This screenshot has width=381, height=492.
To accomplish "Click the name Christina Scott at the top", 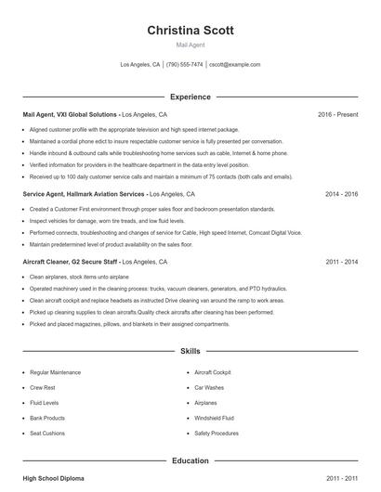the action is tap(190, 31).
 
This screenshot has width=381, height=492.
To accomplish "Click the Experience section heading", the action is tap(190, 97).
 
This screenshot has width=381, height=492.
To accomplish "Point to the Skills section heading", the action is tap(190, 353).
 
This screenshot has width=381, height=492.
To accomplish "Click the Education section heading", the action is tap(190, 460).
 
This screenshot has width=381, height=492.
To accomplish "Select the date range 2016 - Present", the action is tap(337, 115).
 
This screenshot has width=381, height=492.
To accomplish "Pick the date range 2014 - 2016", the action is tap(342, 195).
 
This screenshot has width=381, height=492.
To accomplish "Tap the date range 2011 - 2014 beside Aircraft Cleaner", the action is tap(342, 263).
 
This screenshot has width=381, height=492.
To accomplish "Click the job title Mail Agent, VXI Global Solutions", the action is tap(71, 115).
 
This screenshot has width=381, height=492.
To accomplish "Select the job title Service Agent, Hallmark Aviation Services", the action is tap(84, 195).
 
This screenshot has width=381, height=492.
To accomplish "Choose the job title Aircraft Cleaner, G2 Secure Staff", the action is tap(71, 263).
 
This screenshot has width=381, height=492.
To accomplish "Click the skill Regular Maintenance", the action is tap(54, 371).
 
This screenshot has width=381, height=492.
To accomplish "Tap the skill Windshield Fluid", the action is tap(215, 419).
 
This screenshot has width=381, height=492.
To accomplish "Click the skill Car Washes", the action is tap(209, 387).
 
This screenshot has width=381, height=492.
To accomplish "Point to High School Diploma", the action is tap(53, 478).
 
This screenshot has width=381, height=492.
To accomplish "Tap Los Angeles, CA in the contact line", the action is tap(140, 65).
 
